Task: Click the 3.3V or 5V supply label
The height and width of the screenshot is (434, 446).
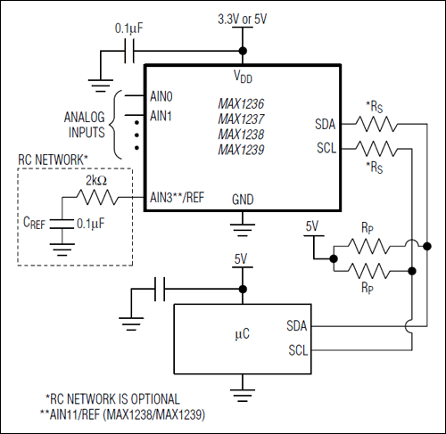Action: pos(243,18)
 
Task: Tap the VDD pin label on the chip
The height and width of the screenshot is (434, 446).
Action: pos(242,77)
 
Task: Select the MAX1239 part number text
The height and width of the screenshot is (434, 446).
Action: pos(242,149)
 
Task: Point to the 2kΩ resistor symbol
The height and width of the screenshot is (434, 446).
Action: pos(98,198)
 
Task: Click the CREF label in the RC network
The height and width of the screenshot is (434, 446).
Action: pos(33,223)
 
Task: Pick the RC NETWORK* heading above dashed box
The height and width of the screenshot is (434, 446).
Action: pos(54,160)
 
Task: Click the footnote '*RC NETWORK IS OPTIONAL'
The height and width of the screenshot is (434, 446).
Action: pos(112,398)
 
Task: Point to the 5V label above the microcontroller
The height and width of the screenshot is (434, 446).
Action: pos(242,259)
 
